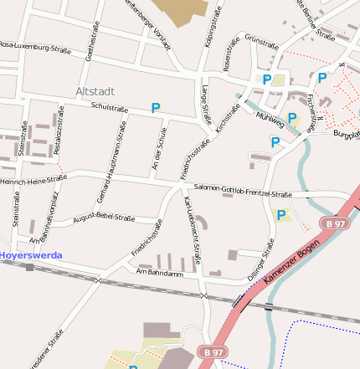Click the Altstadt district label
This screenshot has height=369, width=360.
pos(95,90)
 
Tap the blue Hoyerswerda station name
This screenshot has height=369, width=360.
pos(31,254)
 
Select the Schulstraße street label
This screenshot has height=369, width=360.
pos(109,108)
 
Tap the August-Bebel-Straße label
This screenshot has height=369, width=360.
pos(104,219)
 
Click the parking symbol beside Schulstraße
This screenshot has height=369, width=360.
pos(155,108)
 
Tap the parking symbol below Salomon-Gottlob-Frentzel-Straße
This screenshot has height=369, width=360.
pos(281,215)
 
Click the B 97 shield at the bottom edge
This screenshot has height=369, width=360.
pos(212,352)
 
